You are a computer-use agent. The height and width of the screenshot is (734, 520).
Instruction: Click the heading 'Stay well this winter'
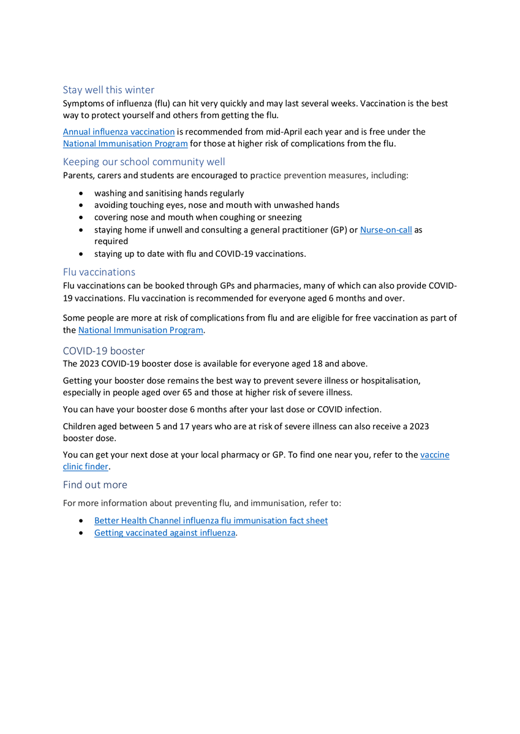pos(108,90)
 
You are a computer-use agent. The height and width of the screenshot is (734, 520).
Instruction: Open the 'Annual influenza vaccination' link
pos(119,132)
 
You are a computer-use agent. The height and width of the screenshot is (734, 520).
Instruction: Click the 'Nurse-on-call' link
pos(386,230)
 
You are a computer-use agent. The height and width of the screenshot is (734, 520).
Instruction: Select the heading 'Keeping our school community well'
pos(144,162)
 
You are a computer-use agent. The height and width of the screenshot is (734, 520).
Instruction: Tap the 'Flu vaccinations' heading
pos(99,272)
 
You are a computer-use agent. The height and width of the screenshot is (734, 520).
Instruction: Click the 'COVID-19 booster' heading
pos(104,351)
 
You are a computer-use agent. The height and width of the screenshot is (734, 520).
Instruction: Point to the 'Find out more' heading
pos(95,484)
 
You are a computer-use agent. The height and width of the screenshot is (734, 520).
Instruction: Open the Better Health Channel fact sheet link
pos(211,521)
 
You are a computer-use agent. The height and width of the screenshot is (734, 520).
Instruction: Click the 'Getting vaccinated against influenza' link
pos(165,533)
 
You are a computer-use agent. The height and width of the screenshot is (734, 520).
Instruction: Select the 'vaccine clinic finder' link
pos(435,455)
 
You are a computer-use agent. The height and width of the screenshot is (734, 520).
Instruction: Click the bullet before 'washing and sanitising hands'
pos(82,193)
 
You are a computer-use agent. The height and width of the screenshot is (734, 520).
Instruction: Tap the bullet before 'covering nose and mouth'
pos(82,217)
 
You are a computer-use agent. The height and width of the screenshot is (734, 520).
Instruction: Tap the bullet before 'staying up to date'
pos(82,254)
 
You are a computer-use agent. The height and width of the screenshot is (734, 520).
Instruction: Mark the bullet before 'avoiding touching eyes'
pos(82,206)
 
